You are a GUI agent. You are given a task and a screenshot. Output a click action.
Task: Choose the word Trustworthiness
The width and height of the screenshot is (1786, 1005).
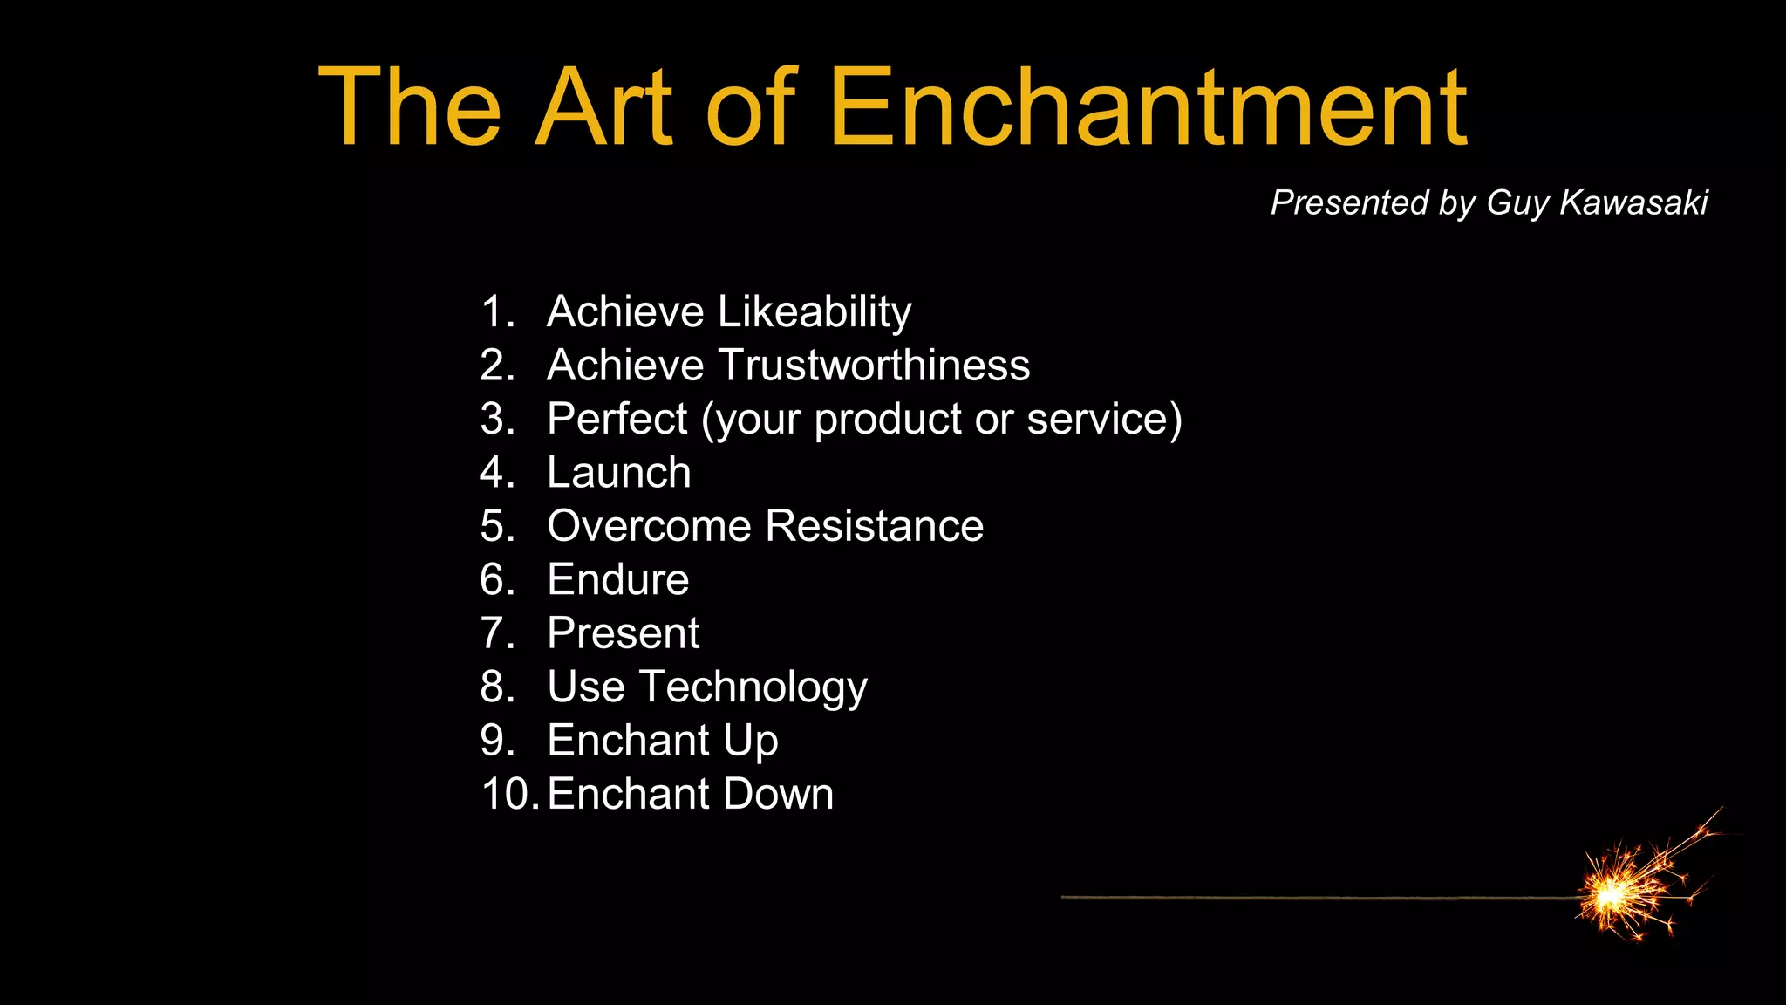(x=874, y=365)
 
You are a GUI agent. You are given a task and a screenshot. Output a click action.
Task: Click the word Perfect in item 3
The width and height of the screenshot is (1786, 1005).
(x=617, y=419)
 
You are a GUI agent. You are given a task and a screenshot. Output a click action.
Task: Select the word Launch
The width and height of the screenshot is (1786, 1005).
(x=618, y=473)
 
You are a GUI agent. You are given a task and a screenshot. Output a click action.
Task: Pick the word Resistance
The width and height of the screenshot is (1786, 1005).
(x=875, y=526)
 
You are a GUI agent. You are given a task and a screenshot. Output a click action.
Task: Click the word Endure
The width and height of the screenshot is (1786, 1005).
(x=617, y=580)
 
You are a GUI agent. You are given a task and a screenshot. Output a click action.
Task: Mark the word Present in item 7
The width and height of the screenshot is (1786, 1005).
(x=623, y=633)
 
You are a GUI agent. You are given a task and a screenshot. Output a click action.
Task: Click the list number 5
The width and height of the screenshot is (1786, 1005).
(x=496, y=526)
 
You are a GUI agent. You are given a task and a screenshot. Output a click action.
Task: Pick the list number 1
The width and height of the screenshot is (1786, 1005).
(x=496, y=312)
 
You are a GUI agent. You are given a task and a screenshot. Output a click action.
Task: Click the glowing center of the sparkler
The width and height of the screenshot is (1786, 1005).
(x=1610, y=894)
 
